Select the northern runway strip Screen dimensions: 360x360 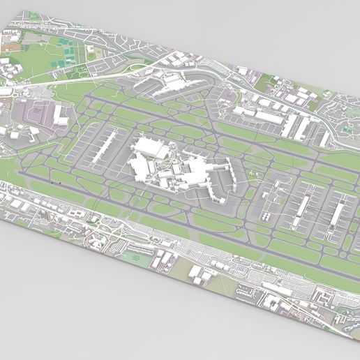[x=209, y=126]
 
